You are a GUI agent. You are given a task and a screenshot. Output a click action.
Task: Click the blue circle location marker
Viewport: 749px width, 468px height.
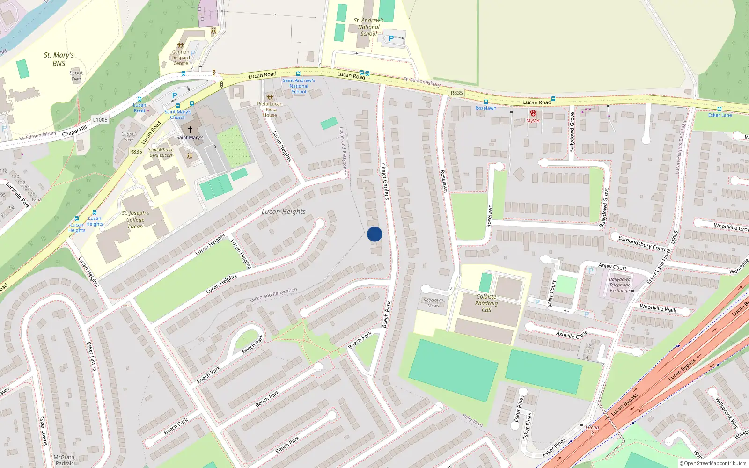[374, 234]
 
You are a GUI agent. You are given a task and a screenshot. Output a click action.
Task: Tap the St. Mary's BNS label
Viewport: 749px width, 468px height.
[59, 59]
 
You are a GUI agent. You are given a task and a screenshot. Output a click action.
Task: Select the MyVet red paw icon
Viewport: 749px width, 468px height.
[533, 113]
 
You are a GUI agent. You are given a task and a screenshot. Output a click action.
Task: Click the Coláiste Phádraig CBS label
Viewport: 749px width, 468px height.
[486, 303]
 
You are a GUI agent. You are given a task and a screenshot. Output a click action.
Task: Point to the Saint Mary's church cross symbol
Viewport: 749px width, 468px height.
[190, 129]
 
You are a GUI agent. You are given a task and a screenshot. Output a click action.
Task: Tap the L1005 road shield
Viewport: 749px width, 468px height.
[100, 120]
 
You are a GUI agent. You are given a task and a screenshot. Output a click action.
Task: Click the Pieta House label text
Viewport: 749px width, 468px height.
[270, 110]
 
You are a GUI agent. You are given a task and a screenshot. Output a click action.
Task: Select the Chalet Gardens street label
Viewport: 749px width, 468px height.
[385, 182]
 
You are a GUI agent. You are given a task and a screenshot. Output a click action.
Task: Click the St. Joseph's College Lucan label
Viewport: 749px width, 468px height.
[135, 219]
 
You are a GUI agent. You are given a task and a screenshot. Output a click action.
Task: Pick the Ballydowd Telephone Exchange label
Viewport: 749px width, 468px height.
[620, 285]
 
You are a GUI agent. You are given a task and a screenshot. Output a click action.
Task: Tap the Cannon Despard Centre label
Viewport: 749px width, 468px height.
[181, 58]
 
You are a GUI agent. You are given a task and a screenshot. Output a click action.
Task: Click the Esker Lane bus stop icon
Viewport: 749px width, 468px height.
[720, 109]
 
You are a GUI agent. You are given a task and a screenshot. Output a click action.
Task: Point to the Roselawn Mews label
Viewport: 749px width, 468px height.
[433, 303]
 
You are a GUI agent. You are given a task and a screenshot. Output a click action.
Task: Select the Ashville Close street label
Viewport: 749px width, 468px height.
[572, 335]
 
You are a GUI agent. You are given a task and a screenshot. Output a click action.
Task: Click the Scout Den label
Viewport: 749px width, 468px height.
[76, 76]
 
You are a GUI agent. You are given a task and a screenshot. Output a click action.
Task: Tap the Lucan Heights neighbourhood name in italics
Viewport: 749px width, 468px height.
[284, 212]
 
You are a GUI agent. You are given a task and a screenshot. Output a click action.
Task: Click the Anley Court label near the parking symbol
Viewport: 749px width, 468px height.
[612, 266]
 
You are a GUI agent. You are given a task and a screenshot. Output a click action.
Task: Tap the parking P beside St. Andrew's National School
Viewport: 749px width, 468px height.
[391, 39]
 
